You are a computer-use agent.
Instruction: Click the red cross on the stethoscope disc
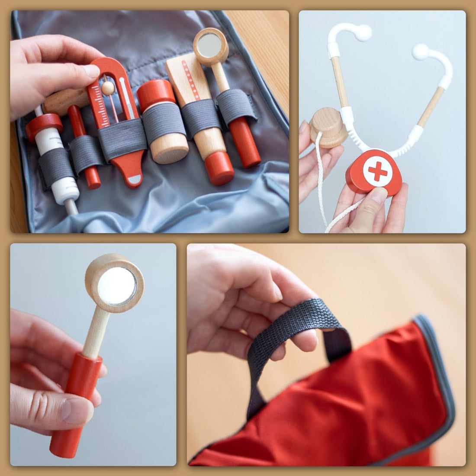[x=378, y=171]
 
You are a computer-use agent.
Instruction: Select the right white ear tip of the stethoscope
[x=420, y=52]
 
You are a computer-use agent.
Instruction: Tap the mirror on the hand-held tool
[x=116, y=286]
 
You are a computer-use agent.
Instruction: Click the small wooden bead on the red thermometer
[x=108, y=88]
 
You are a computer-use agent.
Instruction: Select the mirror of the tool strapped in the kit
[x=210, y=45]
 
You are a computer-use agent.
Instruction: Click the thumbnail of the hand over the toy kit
[x=92, y=71]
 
